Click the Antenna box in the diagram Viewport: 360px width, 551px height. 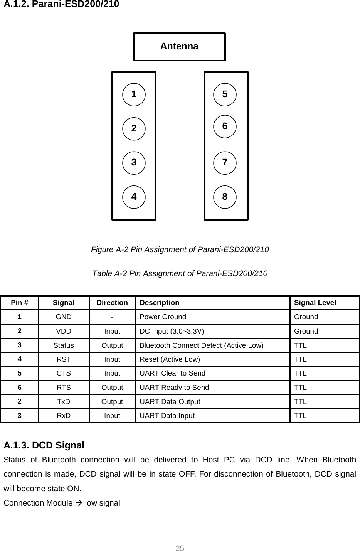179,47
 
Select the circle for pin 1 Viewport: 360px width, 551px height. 134,94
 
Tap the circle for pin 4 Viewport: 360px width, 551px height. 134,197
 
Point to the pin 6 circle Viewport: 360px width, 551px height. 225,126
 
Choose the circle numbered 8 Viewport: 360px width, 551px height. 225,197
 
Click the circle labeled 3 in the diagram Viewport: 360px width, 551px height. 134,162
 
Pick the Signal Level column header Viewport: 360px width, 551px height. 315,303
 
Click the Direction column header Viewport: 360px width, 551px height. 112,303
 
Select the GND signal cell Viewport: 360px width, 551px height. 64,317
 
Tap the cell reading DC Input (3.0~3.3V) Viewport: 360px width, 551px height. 172,331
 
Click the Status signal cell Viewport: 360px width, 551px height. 64,345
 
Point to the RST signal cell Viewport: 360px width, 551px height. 64,359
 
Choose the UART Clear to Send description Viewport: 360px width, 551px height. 172,373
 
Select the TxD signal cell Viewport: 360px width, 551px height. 64,401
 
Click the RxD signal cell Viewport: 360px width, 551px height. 64,416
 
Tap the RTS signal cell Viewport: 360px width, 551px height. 64,388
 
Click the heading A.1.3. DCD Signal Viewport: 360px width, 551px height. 44,445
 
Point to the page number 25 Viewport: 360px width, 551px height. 180,548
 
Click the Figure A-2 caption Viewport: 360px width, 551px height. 180,249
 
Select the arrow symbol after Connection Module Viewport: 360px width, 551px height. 79,503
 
